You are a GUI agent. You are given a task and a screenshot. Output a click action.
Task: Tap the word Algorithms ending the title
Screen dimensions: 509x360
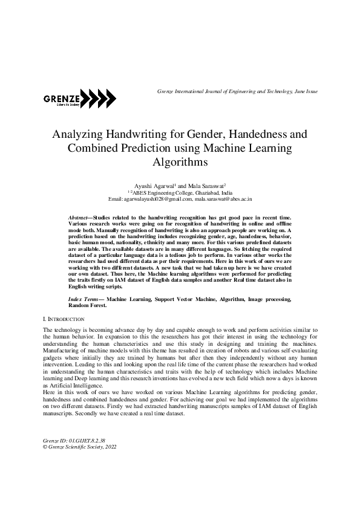pos(180,161)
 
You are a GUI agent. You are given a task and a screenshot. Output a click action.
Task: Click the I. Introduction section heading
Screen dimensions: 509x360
pos(64,318)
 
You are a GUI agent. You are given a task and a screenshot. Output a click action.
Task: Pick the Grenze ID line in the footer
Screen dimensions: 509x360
pos(69,441)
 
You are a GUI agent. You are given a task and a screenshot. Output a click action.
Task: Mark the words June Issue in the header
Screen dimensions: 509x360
pos(306,91)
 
